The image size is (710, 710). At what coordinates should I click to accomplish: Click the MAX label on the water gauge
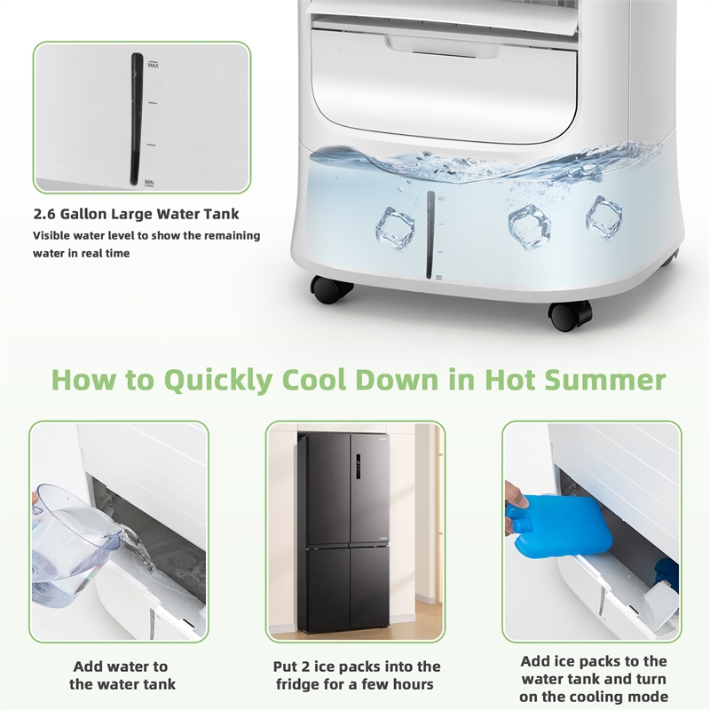pyautogui.click(x=153, y=65)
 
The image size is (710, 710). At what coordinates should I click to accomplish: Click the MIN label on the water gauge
pyautogui.click(x=151, y=182)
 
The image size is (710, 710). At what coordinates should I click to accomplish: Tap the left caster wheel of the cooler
pyautogui.click(x=331, y=289)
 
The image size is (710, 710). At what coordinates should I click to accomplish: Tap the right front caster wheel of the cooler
pyautogui.click(x=570, y=313)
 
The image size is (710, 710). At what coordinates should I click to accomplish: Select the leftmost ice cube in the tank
pyautogui.click(x=395, y=228)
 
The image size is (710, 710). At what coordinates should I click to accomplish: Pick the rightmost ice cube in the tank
pyautogui.click(x=603, y=217)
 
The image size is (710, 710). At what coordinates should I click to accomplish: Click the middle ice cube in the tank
pyautogui.click(x=530, y=226)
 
